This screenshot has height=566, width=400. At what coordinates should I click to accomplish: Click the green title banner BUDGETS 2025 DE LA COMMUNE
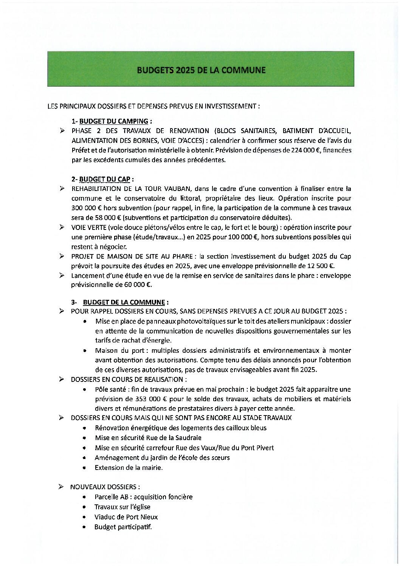201,70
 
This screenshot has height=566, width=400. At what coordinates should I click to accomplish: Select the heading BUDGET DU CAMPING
113,121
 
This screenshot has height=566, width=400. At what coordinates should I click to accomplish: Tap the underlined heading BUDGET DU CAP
104,179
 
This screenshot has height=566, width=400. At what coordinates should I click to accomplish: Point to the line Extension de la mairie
129,468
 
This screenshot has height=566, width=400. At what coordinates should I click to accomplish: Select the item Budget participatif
123,527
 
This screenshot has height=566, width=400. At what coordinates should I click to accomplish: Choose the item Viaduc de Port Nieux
126,517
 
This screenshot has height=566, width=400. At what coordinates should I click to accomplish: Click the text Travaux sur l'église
122,507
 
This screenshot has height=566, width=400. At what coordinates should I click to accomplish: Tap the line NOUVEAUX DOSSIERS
105,487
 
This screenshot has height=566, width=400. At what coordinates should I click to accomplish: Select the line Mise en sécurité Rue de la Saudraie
148,438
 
